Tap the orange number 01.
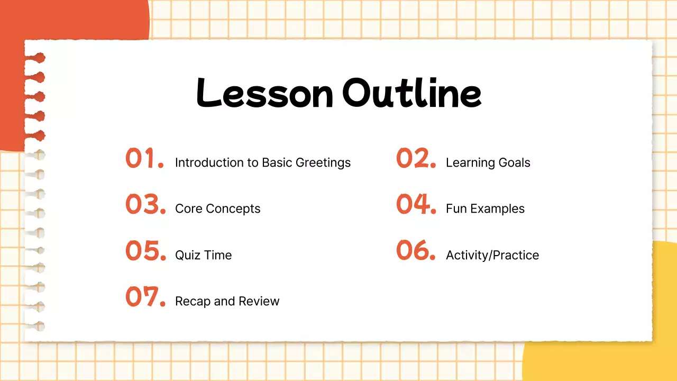144,158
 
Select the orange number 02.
416,158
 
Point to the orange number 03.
145,204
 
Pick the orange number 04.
416,204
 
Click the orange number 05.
145,251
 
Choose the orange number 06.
416,251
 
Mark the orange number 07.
145,297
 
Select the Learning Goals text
488,163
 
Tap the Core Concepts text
217,209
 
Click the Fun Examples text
485,209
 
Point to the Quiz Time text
203,256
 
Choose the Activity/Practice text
492,256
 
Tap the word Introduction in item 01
208,163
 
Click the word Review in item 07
259,302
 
